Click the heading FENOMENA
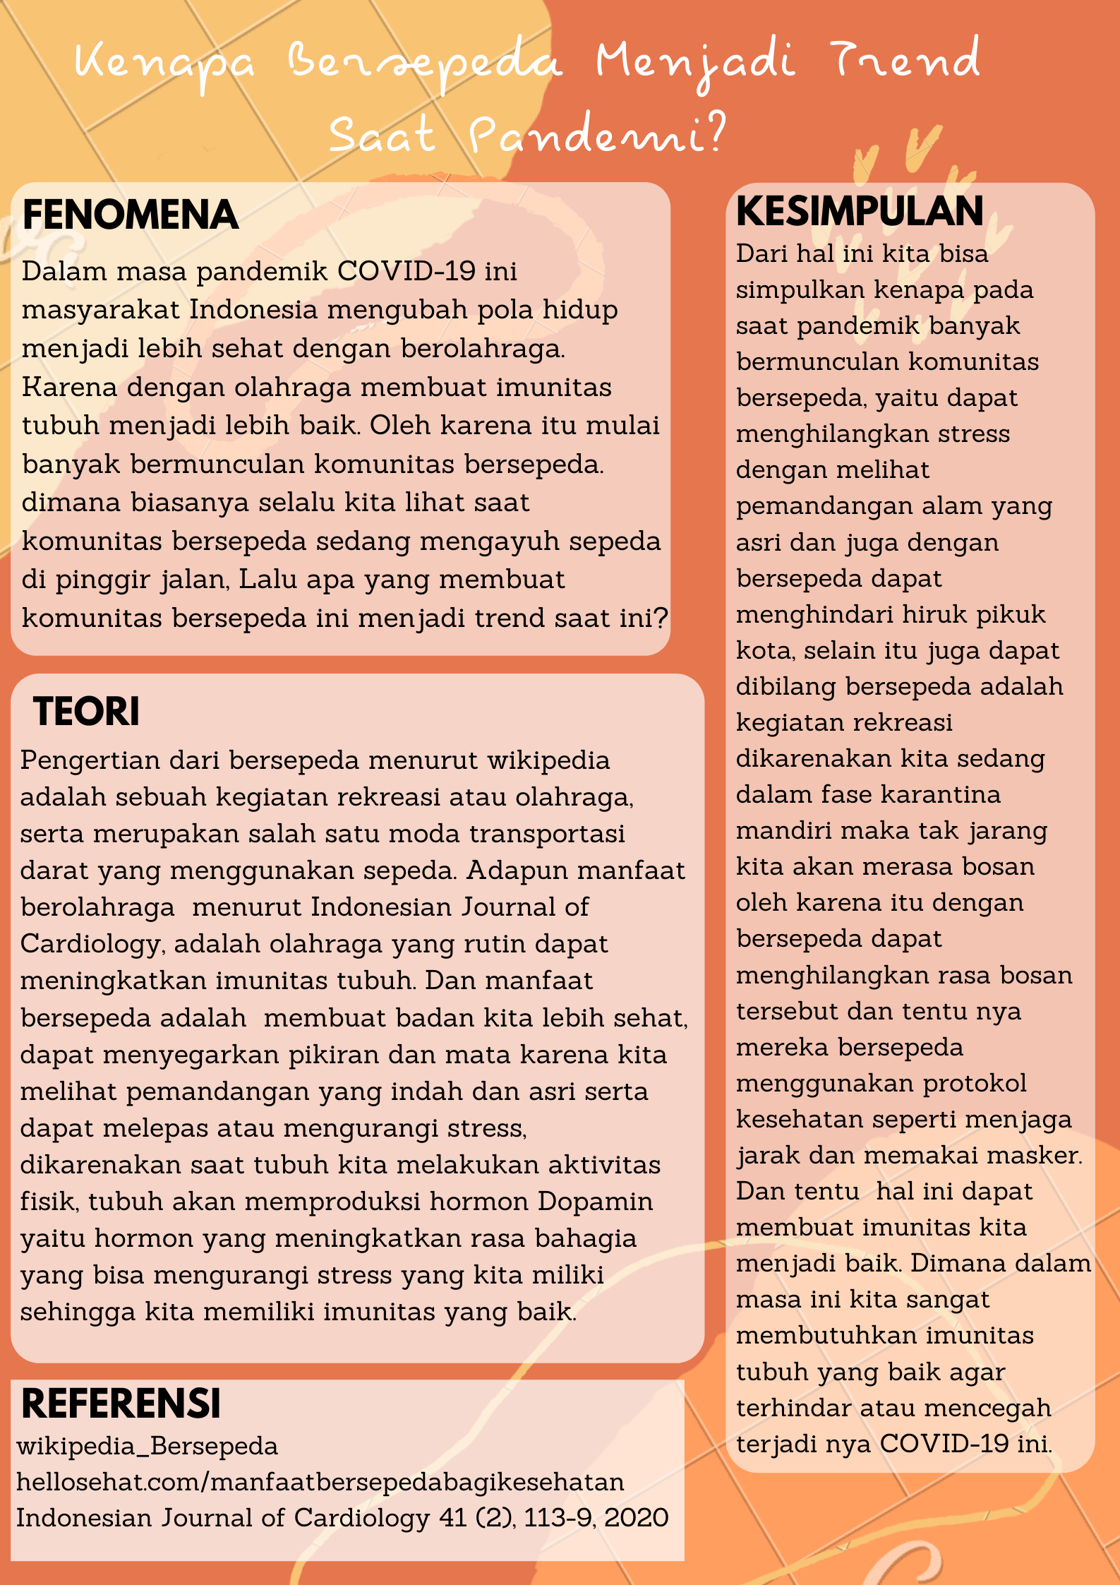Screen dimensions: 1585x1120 click(130, 215)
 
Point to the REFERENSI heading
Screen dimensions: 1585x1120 click(121, 1403)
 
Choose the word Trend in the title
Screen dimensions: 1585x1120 click(905, 60)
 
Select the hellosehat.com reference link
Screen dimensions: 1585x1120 click(320, 1481)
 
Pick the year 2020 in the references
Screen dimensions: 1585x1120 click(636, 1517)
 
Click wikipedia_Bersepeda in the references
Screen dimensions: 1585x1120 click(147, 1445)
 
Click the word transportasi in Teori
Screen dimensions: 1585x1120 click(547, 833)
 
